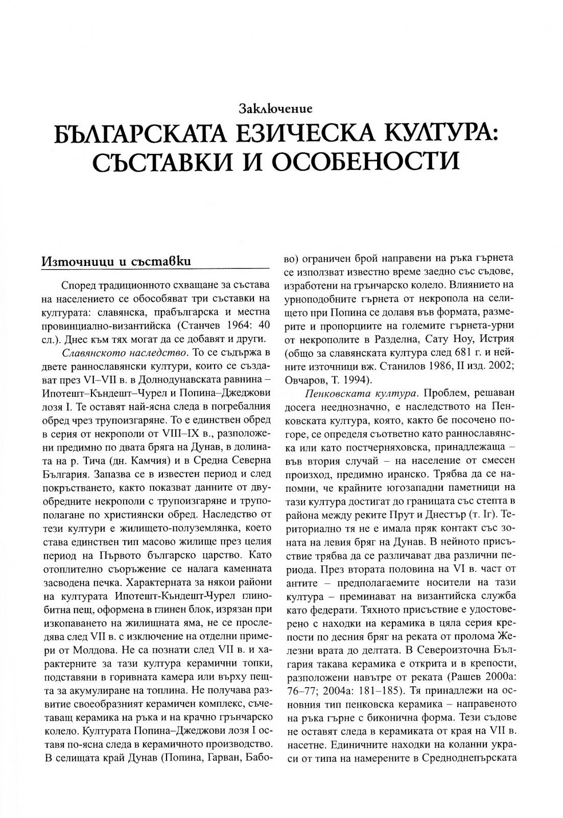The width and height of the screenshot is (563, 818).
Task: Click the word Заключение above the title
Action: click(x=275, y=108)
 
